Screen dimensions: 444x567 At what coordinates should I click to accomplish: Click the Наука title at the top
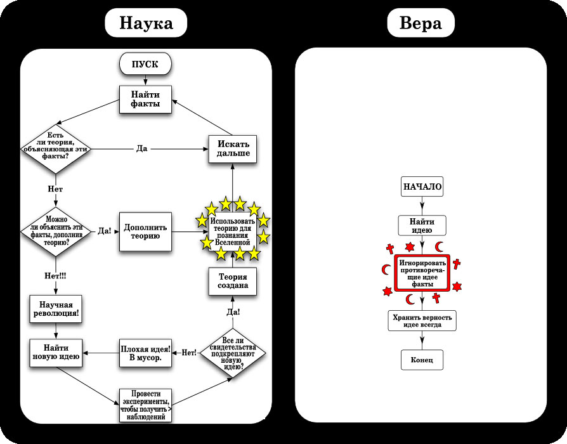tap(146, 23)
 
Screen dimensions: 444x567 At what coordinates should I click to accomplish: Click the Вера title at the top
tap(420, 23)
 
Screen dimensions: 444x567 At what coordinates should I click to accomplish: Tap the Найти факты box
tap(146, 98)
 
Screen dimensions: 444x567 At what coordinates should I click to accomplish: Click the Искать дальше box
tap(233, 148)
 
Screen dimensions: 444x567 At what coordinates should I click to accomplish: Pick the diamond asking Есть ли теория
tap(55, 147)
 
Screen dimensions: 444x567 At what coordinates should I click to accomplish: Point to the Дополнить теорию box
tap(147, 231)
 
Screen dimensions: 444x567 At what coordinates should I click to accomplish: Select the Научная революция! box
tap(58, 308)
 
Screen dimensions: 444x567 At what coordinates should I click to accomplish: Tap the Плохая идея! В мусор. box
tap(146, 352)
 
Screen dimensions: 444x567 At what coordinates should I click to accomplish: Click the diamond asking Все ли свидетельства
tap(233, 353)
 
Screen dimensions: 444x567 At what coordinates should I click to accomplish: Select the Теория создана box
tap(233, 281)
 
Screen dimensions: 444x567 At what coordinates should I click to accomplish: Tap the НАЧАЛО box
tap(422, 187)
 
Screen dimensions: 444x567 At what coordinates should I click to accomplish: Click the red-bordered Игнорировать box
tap(422, 273)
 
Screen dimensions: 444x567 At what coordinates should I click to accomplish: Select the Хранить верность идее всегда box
tap(422, 320)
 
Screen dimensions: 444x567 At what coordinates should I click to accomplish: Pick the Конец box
tap(422, 360)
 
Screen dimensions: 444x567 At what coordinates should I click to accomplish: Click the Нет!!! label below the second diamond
tap(55, 276)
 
